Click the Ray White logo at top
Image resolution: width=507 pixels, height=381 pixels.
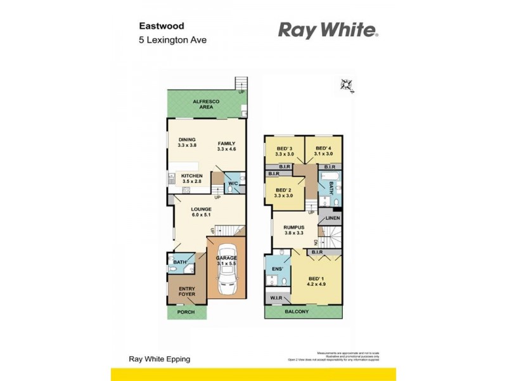point(328,30)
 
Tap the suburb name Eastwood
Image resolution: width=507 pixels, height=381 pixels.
point(161,27)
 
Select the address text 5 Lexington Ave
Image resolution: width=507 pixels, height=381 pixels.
point(173,40)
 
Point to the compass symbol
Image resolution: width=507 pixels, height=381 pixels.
point(346,84)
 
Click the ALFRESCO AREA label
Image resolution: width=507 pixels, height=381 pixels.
point(206,104)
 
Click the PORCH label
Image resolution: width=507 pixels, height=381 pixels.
point(186,312)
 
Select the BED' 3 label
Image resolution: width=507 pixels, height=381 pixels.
point(284,150)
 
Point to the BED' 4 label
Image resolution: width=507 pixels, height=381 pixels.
point(324,150)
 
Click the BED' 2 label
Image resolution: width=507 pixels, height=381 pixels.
point(284,192)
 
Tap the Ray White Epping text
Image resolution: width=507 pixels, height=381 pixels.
point(159,359)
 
